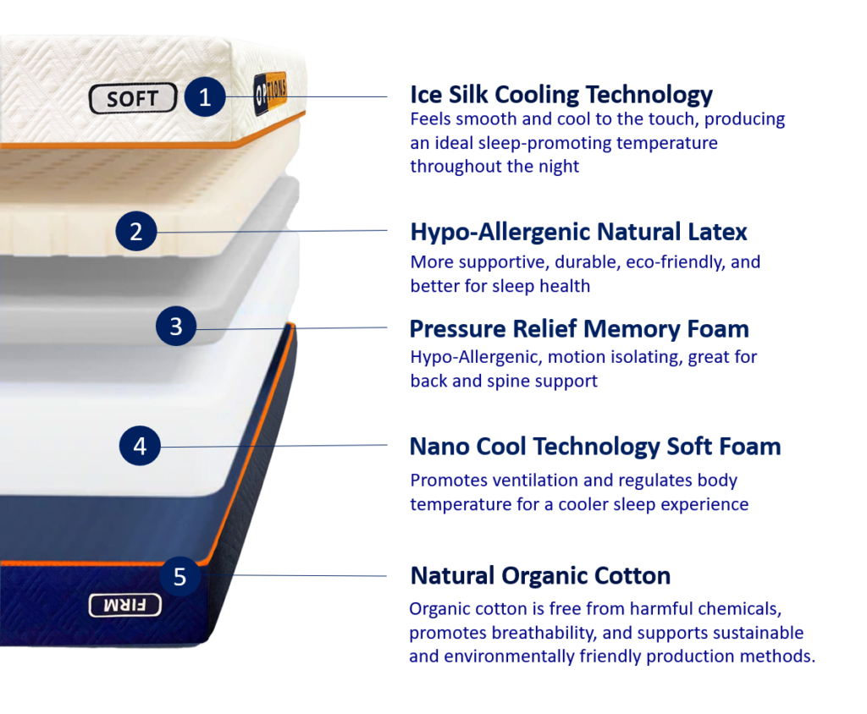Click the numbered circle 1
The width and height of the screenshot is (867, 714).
205,97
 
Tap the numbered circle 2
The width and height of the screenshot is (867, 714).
136,231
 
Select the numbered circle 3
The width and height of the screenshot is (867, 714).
176,326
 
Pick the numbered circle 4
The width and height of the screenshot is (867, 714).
140,446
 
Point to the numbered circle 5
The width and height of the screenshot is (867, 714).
179,576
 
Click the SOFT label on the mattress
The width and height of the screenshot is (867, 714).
133,99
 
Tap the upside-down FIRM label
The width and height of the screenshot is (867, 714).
125,606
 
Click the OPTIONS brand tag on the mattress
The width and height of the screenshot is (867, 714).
270,93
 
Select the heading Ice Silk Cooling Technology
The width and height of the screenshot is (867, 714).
561,95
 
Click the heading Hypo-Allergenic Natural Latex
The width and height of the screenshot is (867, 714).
578,232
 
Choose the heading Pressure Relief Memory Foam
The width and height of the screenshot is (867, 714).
579,329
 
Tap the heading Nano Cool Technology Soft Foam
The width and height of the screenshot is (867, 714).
595,447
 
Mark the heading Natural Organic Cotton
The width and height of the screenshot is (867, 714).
540,576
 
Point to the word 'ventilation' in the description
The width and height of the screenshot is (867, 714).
535,481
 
